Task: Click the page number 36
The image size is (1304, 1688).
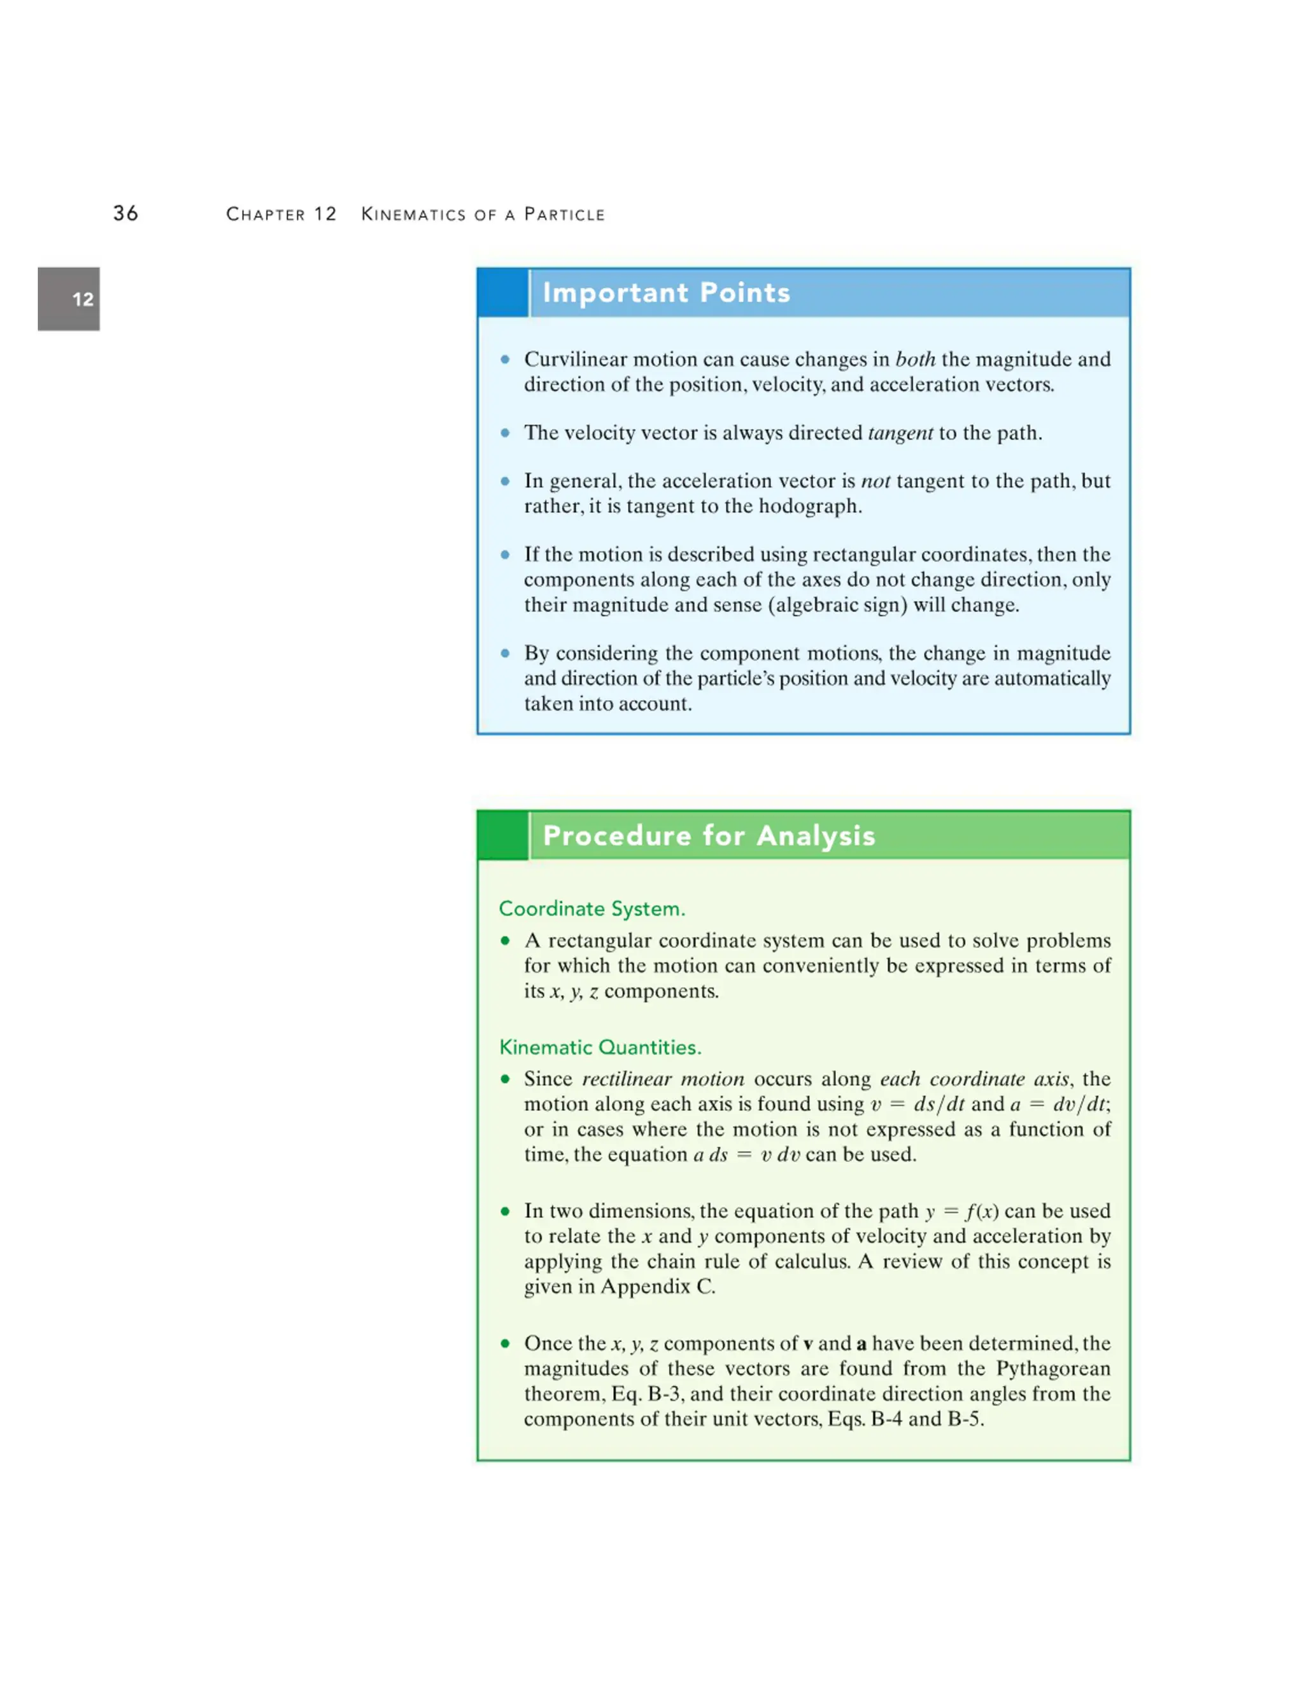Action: click(x=126, y=213)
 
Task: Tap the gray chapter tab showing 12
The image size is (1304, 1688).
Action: click(x=69, y=299)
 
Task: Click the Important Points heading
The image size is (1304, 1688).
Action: click(x=666, y=293)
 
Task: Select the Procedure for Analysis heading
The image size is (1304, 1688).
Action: click(x=709, y=836)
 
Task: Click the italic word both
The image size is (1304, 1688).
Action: click(x=916, y=359)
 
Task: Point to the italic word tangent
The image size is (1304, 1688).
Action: click(x=900, y=433)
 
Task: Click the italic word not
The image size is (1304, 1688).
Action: click(x=875, y=481)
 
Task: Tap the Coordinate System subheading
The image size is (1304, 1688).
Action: click(x=592, y=908)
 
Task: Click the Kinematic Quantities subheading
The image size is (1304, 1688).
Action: click(x=600, y=1047)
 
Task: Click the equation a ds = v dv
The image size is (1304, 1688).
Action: click(x=746, y=1155)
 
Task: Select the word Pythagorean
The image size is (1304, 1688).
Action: click(x=1053, y=1368)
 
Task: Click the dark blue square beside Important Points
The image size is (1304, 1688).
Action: click(x=502, y=293)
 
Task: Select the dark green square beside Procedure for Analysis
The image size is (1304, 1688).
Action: click(x=502, y=836)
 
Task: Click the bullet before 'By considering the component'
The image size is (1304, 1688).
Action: click(x=505, y=653)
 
